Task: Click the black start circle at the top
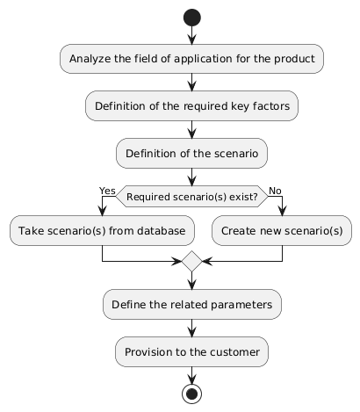coord(191,18)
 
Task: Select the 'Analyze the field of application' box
coord(191,59)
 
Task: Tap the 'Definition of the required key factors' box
coord(191,106)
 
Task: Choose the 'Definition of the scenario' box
coord(191,154)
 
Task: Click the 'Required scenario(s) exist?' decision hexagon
coord(191,197)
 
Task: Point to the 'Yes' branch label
coord(107,191)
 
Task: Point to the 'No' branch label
coord(274,191)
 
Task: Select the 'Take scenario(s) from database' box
coord(103,230)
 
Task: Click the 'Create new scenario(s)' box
coord(282,230)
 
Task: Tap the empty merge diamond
coord(191,261)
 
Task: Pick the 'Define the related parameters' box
coord(191,304)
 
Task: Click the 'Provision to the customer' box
coord(191,351)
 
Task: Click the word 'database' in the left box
coord(162,230)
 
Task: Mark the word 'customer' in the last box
coord(232,351)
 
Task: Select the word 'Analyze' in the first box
coord(91,59)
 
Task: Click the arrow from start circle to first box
coord(191,36)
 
